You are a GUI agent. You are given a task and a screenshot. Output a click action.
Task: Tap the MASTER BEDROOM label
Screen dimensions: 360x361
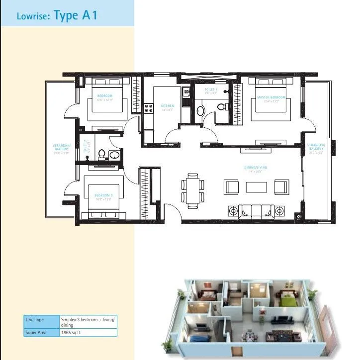271,97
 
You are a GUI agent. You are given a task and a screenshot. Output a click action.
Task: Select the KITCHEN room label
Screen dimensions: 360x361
167,106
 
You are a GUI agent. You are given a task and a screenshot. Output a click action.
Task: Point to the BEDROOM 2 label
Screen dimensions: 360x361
105,195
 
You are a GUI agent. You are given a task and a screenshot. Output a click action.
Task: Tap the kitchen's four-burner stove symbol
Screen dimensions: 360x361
148,107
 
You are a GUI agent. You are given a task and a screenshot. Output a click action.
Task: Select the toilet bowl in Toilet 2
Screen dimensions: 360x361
101,154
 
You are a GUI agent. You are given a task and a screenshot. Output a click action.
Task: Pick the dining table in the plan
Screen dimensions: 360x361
191,189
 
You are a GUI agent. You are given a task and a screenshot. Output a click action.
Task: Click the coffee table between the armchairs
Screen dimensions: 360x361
257,187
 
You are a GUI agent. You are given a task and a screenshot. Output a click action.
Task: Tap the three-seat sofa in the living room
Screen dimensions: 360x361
256,211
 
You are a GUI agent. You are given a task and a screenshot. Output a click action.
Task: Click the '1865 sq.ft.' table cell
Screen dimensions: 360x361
71,333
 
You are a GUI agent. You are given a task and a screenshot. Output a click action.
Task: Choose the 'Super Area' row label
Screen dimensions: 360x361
35,333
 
